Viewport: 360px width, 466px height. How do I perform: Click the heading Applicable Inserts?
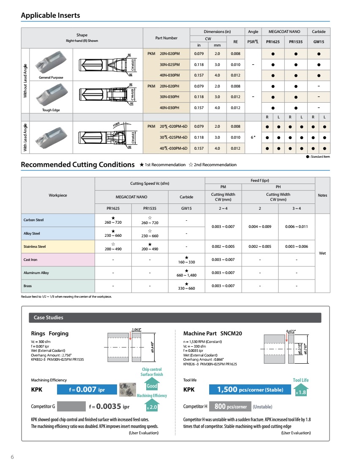tap(50, 16)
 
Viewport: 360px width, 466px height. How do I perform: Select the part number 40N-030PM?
tap(170, 75)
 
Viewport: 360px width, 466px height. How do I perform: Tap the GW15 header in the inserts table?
tap(319, 42)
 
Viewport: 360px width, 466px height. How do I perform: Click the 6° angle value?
tap(253, 137)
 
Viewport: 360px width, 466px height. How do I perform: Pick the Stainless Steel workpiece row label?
tap(35, 247)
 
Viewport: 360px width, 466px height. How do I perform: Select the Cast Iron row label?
tap(30, 260)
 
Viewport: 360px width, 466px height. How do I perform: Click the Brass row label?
tap(27, 286)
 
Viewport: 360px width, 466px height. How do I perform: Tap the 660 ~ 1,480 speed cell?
tap(186, 273)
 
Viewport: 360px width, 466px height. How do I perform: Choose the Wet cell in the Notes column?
tap(322, 253)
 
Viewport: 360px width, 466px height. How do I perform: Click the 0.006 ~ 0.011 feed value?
tap(296, 227)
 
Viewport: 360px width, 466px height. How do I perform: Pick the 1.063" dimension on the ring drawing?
tap(136, 329)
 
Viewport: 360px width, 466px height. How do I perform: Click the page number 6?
tap(12, 457)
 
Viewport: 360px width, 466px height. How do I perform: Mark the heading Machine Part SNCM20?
tap(213, 333)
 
